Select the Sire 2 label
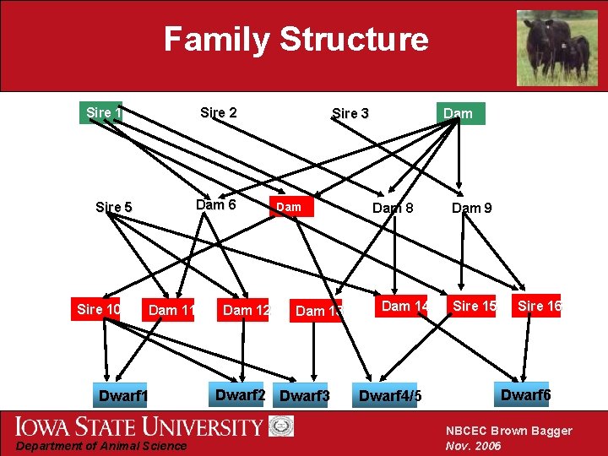click(218, 112)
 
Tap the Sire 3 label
click(350, 113)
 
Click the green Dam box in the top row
click(459, 113)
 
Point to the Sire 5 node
click(114, 207)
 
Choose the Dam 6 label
click(215, 204)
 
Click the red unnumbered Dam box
click(290, 207)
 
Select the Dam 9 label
click(472, 207)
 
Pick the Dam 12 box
click(246, 310)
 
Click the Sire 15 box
click(475, 306)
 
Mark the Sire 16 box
click(539, 306)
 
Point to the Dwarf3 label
click(304, 396)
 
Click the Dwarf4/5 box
click(389, 396)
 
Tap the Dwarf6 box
click(525, 394)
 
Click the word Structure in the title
click(354, 39)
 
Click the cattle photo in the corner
click(556, 46)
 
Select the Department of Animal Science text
click(100, 446)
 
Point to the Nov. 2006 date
click(473, 445)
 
